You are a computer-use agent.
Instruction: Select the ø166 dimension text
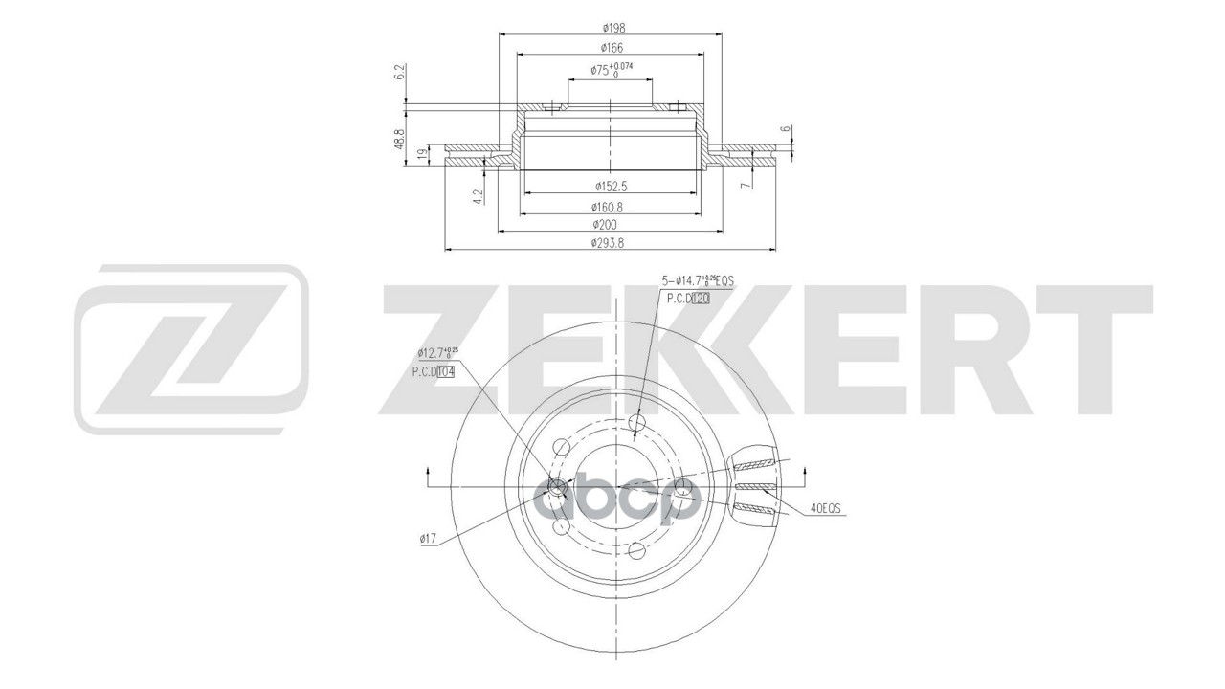[x=609, y=47]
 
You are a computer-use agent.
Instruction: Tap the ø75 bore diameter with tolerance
[x=612, y=70]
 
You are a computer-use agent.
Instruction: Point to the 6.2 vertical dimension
[x=400, y=73]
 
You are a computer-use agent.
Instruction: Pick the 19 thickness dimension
[x=422, y=153]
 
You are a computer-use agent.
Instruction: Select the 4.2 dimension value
[x=476, y=197]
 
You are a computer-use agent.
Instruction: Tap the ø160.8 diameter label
[x=609, y=206]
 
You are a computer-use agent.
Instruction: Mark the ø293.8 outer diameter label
[x=609, y=243]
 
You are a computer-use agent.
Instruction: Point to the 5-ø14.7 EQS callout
[x=697, y=280]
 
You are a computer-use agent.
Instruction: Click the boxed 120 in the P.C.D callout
[x=701, y=299]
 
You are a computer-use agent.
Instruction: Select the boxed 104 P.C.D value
[x=446, y=372]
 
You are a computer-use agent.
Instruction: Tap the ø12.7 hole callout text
[x=438, y=353]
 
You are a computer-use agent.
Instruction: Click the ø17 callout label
[x=427, y=539]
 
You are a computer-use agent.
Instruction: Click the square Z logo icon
[x=190, y=348]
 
